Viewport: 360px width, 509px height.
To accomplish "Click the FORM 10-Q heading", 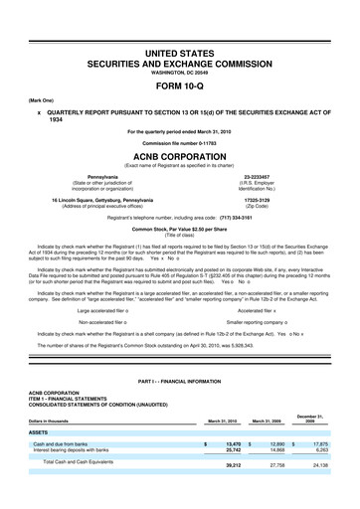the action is click(180, 84).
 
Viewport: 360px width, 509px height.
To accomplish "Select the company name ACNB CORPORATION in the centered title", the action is click(180, 156).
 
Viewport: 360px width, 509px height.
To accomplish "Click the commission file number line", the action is click(180, 141).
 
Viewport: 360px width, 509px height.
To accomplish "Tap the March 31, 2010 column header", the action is click(223, 421).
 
